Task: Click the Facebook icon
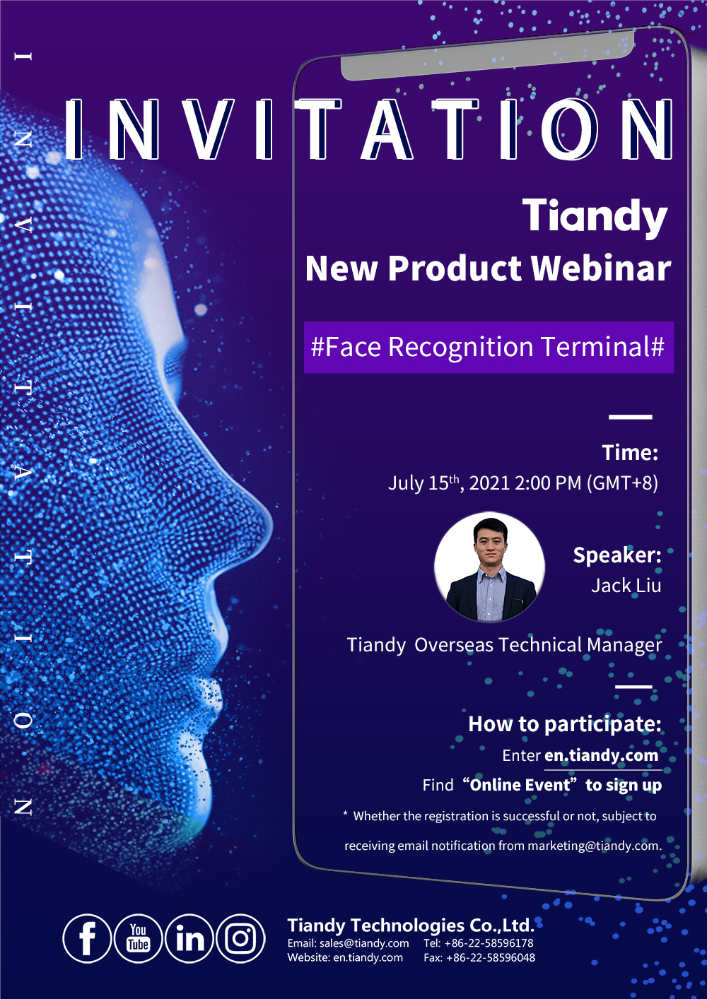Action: (87, 938)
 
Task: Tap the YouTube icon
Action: (139, 938)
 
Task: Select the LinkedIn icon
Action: (189, 938)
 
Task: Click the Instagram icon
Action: (241, 938)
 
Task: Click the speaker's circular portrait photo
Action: (490, 567)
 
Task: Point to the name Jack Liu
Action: (626, 586)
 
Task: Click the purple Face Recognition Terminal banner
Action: (489, 347)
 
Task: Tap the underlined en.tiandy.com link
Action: (601, 755)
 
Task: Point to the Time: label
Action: (630, 452)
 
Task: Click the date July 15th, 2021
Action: (448, 483)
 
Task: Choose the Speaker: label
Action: (617, 555)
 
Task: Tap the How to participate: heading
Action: (565, 724)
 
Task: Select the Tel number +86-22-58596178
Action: (489, 942)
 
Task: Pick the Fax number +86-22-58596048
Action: (491, 957)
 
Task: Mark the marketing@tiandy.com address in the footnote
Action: (594, 846)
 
